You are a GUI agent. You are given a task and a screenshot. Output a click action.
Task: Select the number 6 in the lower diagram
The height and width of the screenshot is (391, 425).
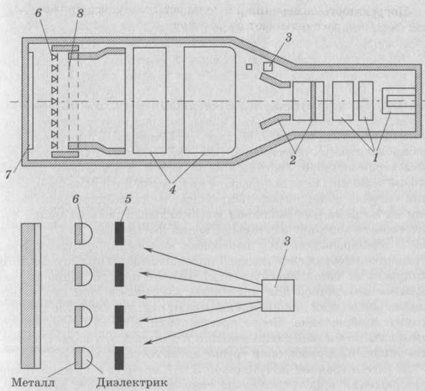click(79, 207)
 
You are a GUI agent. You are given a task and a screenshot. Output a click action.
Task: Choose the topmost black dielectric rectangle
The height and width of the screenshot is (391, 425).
click(119, 234)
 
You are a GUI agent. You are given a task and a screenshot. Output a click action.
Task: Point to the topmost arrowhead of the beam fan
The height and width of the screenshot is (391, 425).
click(146, 248)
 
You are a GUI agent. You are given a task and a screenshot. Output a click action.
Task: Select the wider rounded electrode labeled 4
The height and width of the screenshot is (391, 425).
click(207, 101)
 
